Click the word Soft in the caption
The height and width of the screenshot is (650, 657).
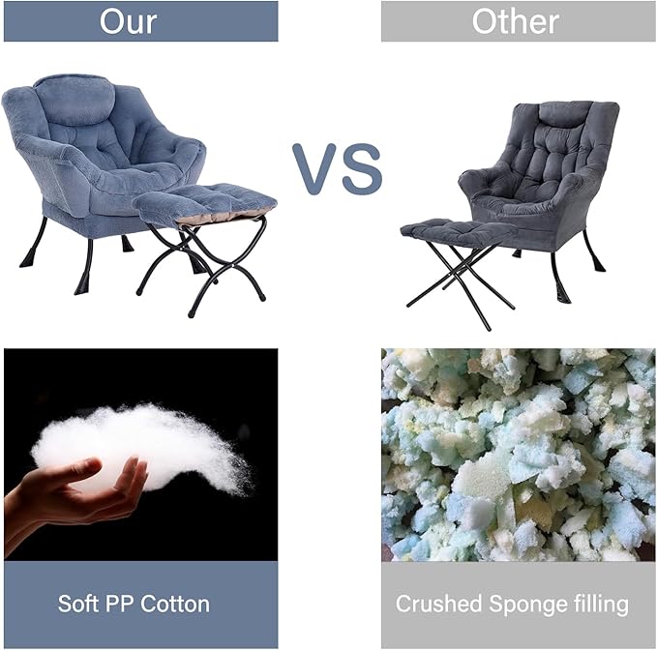tap(78, 605)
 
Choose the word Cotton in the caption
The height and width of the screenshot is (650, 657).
tap(175, 605)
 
